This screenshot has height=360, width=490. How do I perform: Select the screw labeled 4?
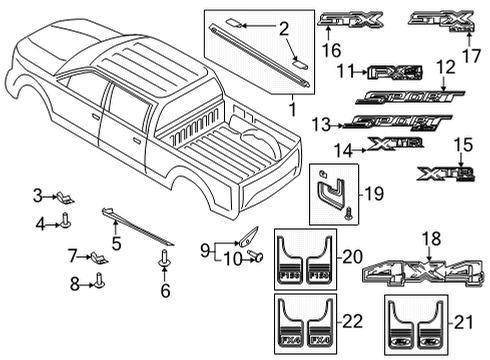(66, 222)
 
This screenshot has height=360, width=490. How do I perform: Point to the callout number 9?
(204, 247)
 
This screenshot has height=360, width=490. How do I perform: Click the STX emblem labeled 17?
(441, 20)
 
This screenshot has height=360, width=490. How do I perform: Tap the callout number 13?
(319, 124)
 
